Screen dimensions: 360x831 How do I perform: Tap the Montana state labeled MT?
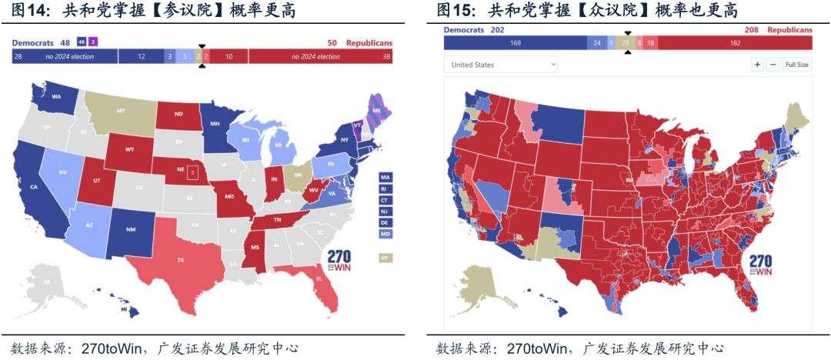[x=121, y=112]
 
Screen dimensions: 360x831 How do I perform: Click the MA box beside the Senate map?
[x=384, y=177]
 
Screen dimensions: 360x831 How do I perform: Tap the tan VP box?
[x=384, y=258]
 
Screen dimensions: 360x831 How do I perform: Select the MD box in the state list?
[x=384, y=233]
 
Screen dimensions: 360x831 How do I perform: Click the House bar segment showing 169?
[x=515, y=43]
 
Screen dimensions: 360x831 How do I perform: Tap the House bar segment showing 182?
[x=735, y=43]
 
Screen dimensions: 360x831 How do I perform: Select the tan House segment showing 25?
[x=625, y=43]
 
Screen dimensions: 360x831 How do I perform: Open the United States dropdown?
[x=501, y=65]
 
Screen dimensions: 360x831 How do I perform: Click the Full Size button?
[x=796, y=65]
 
